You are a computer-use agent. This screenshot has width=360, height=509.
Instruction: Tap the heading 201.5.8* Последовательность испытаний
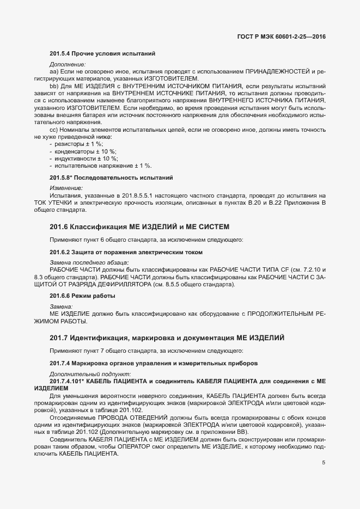coord(111,177)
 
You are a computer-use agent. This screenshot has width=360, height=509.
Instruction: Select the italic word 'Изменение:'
coord(66,188)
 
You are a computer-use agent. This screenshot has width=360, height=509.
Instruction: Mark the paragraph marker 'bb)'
coord(54,86)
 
